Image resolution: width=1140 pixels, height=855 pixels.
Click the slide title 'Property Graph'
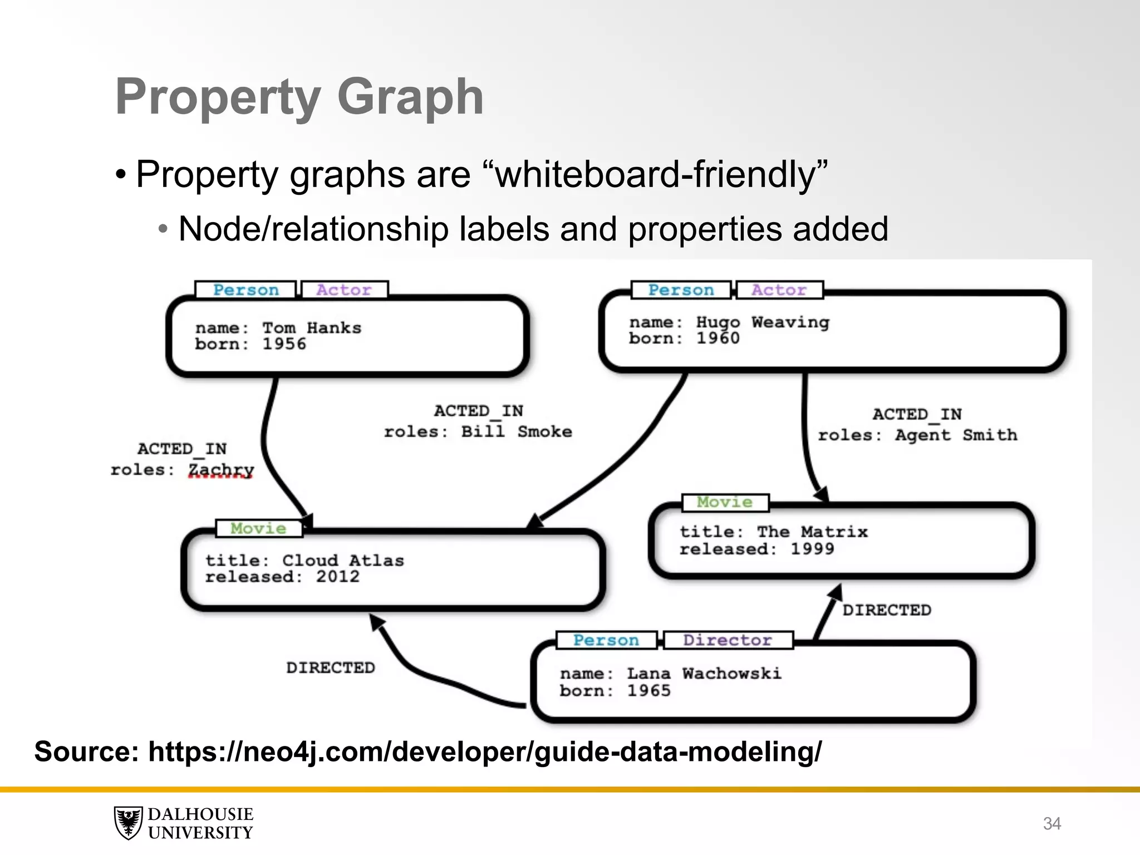coord(299,97)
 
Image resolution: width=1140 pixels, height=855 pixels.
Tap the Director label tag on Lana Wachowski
coord(728,640)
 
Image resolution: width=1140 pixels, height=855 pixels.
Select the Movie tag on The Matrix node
coord(725,502)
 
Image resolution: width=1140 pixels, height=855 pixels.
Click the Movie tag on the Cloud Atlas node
coord(259,528)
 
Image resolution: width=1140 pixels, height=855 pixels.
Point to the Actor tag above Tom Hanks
coord(344,290)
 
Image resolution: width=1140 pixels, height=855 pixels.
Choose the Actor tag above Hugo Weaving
coord(779,290)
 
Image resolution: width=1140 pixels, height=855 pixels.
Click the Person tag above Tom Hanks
coord(246,290)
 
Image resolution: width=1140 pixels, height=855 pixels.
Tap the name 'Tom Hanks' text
coord(312,328)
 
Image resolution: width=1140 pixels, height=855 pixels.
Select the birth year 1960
coord(718,338)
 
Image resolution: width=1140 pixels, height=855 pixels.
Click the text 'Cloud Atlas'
coord(343,560)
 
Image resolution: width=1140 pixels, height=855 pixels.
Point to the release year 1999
coord(812,549)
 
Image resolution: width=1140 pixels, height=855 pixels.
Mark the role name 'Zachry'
coord(221,470)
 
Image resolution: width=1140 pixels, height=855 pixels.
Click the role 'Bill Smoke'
coord(517,431)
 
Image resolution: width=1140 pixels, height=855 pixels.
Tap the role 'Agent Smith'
coord(956,435)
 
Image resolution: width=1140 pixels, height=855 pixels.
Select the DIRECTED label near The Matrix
coord(886,610)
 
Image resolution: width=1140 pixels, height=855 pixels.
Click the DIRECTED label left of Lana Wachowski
coord(331,667)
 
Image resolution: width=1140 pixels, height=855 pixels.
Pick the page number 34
coord(1051,823)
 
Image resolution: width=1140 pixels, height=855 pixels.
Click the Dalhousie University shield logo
coord(129,823)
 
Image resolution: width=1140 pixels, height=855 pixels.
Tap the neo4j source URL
coord(484,751)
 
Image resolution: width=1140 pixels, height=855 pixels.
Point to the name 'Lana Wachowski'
coord(704,674)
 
